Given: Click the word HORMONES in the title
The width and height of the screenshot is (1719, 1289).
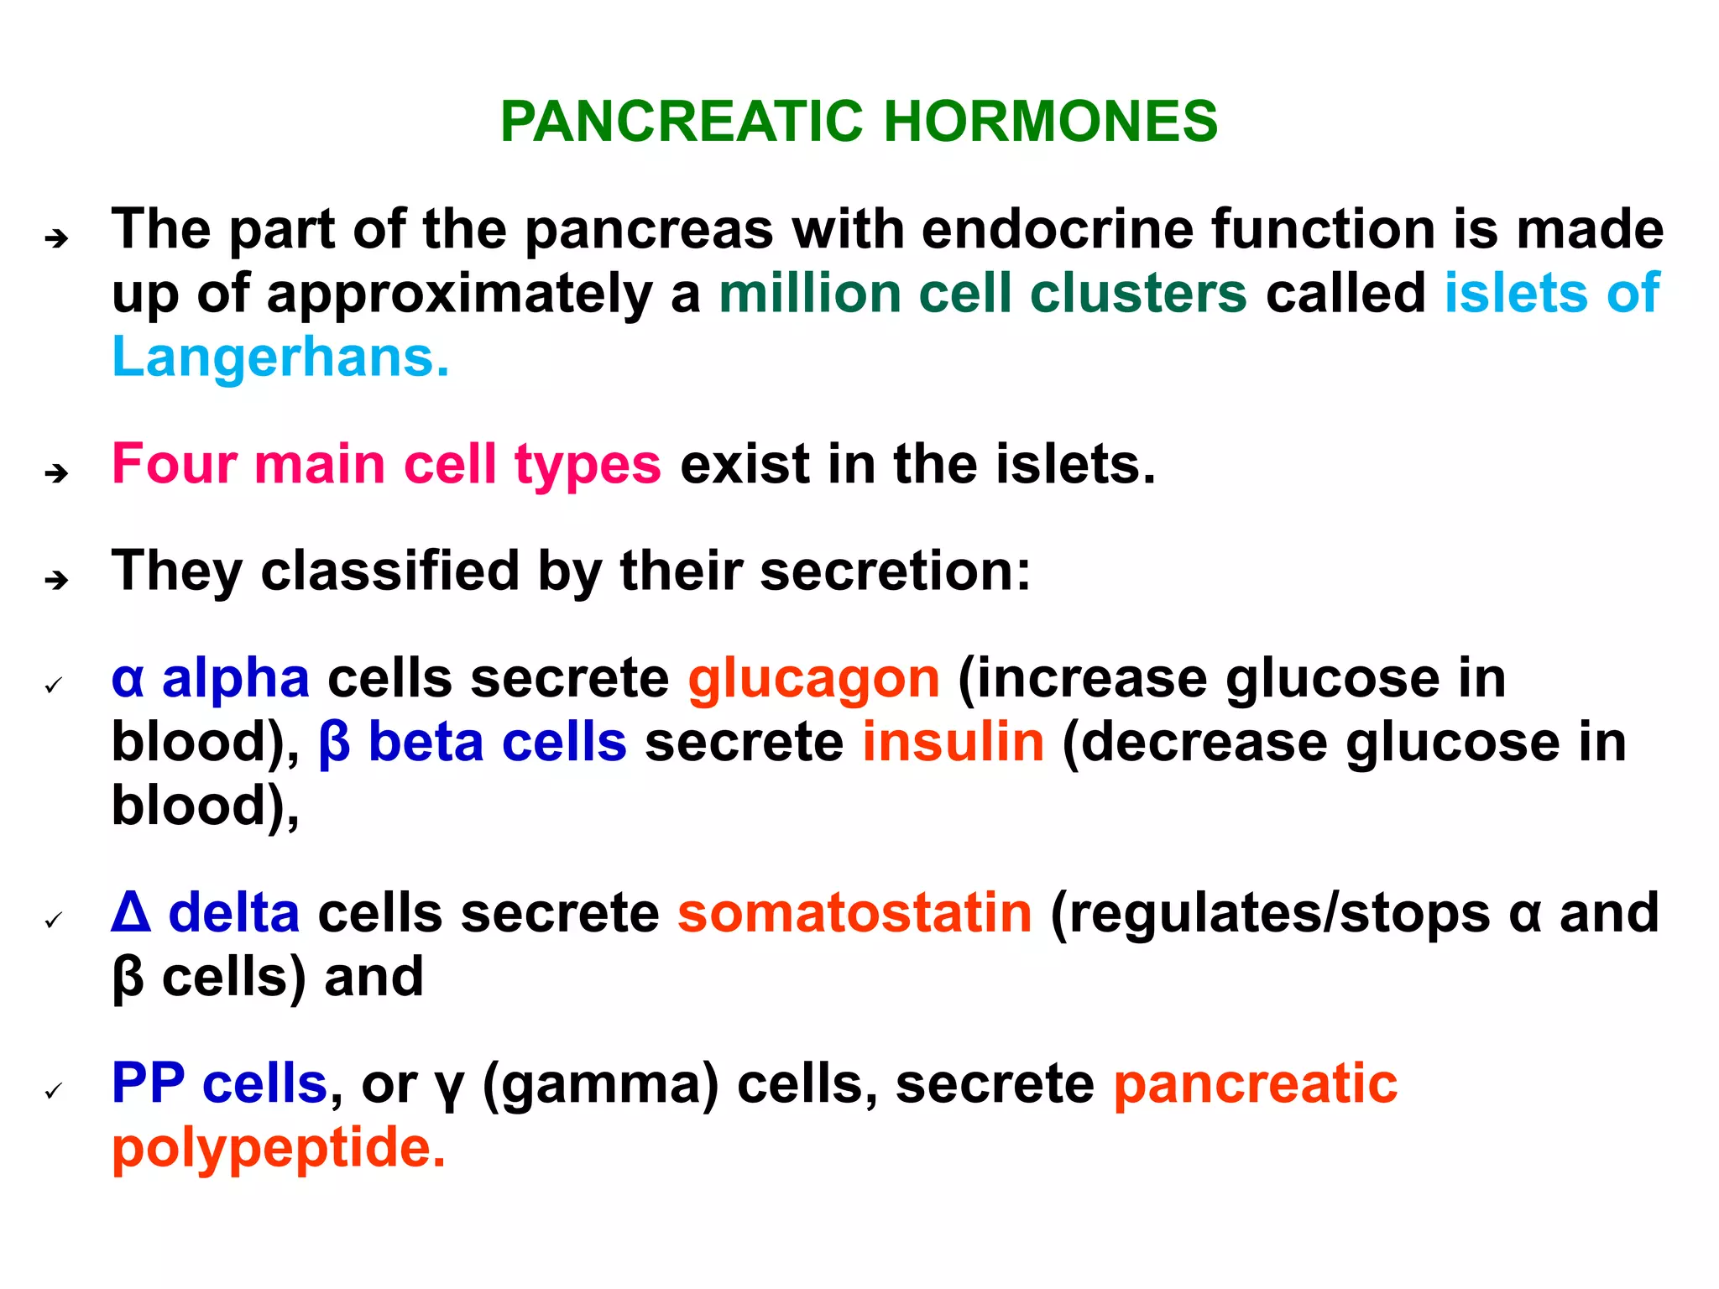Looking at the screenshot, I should point(1050,122).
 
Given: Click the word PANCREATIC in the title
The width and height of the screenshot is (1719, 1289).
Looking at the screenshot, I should point(682,122).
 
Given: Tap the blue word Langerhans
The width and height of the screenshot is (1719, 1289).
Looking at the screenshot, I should point(280,357).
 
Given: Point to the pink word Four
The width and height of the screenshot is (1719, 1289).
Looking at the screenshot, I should point(174,464).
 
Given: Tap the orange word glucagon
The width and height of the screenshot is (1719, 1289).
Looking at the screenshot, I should point(813,678).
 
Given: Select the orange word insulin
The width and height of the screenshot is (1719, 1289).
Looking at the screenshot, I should point(954,743).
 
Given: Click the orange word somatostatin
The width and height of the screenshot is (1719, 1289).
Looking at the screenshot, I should point(854,913).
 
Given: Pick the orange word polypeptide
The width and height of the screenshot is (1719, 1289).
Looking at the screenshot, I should point(278,1148).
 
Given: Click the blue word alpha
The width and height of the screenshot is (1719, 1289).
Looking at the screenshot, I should point(236,678).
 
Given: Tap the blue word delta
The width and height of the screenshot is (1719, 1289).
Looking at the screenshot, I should point(234,913).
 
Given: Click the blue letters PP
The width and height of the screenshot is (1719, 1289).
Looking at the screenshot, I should point(148,1083).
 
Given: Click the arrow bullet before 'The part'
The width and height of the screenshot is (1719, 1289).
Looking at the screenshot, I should point(56,239).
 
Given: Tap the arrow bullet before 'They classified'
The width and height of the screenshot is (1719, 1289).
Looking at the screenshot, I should point(56,580).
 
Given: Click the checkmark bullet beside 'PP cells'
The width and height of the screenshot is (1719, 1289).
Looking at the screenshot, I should point(55,1091).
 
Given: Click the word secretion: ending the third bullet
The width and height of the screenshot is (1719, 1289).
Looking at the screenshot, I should point(895,571).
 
